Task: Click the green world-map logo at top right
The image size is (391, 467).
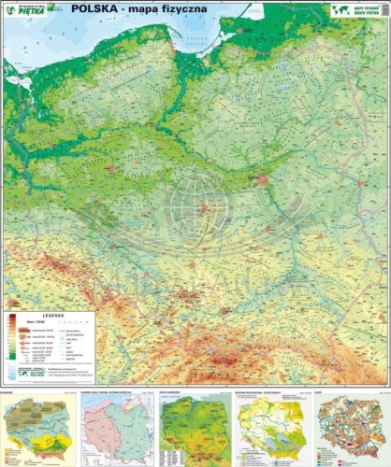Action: point(341,9)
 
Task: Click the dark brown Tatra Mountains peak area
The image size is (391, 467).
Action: point(227,360)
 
